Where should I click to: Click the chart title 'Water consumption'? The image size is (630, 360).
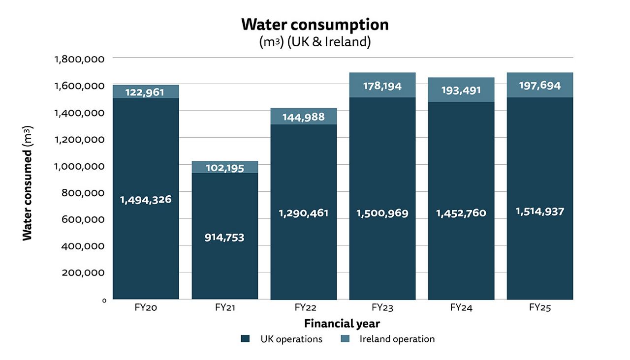(315, 24)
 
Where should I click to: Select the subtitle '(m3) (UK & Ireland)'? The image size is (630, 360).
(315, 42)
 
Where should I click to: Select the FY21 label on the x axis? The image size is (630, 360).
(224, 308)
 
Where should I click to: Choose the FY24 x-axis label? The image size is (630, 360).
(461, 308)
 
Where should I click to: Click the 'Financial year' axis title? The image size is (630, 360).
(342, 324)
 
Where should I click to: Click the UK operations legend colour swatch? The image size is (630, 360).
(245, 339)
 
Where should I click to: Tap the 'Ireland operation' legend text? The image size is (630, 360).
(397, 339)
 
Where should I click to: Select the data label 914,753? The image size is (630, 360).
(224, 237)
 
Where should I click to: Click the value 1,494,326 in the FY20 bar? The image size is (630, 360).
(146, 200)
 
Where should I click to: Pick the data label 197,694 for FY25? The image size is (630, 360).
(539, 86)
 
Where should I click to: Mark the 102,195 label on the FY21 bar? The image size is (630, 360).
(224, 168)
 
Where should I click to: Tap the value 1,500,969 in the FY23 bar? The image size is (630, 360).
(382, 213)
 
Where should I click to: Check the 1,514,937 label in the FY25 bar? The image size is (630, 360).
(539, 211)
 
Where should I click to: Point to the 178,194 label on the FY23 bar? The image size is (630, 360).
(382, 87)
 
